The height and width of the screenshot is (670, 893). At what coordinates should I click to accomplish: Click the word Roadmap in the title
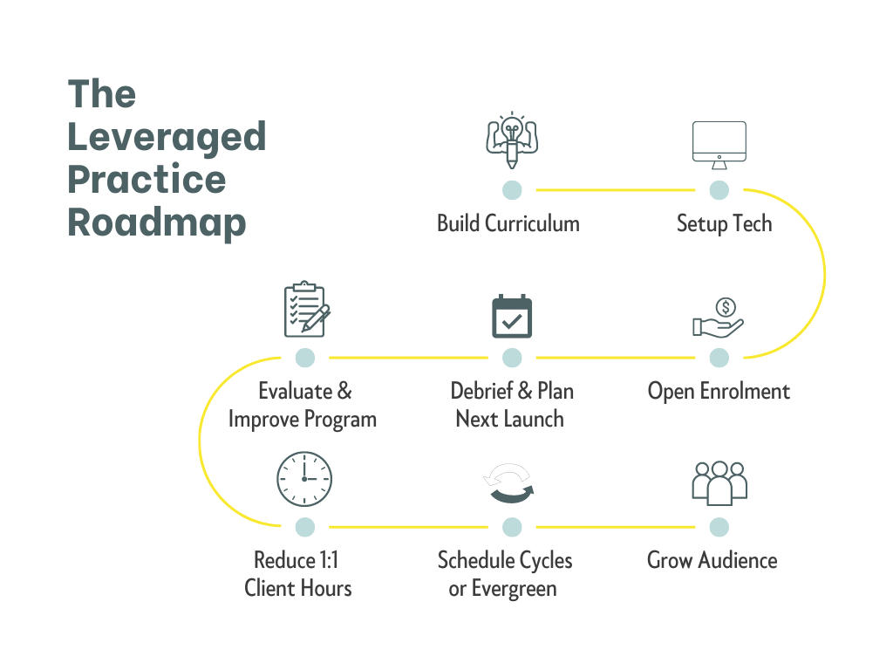[x=157, y=222]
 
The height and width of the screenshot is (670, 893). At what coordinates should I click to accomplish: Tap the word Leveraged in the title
[x=167, y=138]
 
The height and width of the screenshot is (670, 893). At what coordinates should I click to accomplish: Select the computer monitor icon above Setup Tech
[x=719, y=145]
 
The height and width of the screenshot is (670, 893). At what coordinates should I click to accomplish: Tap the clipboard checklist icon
[x=306, y=311]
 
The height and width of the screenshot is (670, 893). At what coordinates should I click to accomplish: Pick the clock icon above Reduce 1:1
[x=304, y=479]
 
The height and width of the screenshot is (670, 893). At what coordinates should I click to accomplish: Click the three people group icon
[x=719, y=482]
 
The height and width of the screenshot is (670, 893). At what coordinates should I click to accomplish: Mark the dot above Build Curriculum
[x=512, y=189]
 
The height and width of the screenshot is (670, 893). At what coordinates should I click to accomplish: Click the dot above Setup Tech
[x=719, y=189]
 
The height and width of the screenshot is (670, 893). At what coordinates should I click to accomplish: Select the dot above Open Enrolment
[x=719, y=357]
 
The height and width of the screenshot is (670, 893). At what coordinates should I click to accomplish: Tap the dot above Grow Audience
[x=719, y=526]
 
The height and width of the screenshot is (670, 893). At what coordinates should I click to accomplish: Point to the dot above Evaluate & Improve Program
[x=304, y=357]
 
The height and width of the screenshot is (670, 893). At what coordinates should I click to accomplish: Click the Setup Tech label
[x=724, y=223]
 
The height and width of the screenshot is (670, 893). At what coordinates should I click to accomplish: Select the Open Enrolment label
[x=719, y=391]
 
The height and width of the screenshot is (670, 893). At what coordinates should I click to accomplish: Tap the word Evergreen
[x=514, y=588]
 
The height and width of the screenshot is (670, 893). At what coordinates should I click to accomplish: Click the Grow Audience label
[x=712, y=560]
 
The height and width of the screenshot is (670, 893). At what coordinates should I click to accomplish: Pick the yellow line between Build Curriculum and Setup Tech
[x=615, y=189]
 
